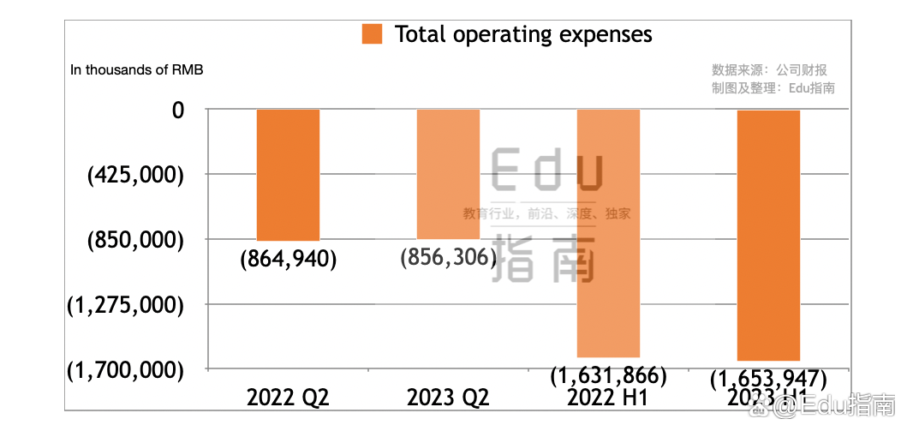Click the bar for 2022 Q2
(x=288, y=175)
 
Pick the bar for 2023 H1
(x=768, y=235)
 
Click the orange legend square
(x=373, y=34)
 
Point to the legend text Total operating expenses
(x=522, y=34)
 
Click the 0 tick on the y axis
(x=178, y=110)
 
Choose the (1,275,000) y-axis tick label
(x=125, y=305)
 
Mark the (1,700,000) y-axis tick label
(x=125, y=370)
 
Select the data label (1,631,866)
(x=608, y=375)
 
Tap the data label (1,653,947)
(x=768, y=378)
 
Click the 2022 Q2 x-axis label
(x=288, y=398)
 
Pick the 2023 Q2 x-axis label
(x=448, y=398)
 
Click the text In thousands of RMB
(x=137, y=69)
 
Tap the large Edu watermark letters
(x=548, y=171)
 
